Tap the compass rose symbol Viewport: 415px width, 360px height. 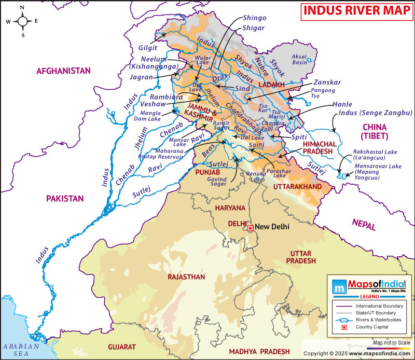pyautogui.click(x=23, y=21)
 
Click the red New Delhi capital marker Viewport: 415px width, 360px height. pyautogui.click(x=250, y=227)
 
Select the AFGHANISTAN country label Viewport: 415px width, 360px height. pyautogui.click(x=63, y=71)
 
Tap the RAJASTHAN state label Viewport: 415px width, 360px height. pyautogui.click(x=186, y=277)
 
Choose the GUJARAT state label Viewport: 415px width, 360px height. pyautogui.click(x=121, y=347)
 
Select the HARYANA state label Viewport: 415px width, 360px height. pyautogui.click(x=231, y=207)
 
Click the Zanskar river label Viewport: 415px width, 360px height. pyautogui.click(x=327, y=82)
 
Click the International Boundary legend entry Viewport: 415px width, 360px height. pyautogui.click(x=379, y=307)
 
